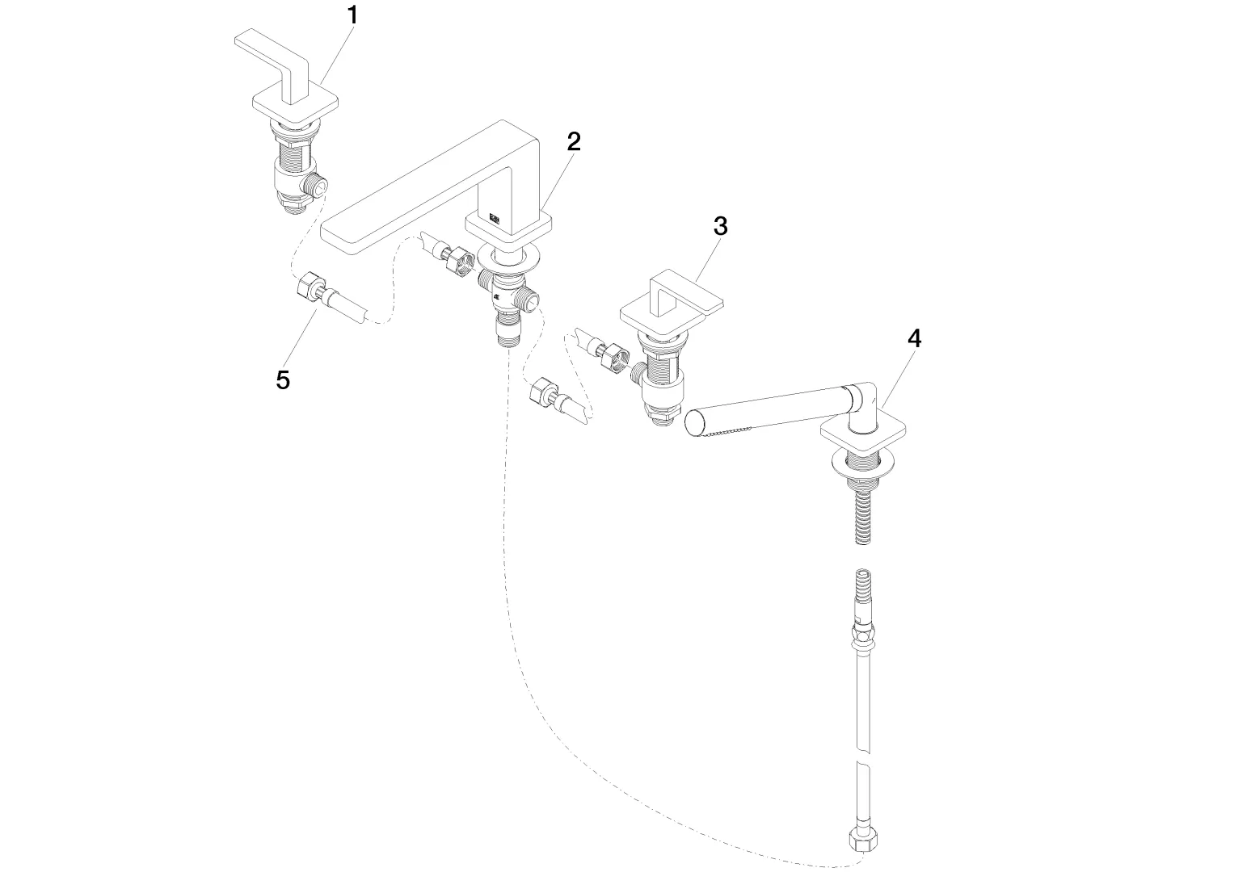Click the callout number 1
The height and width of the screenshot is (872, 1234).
pyautogui.click(x=352, y=15)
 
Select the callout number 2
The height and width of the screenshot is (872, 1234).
pyautogui.click(x=574, y=142)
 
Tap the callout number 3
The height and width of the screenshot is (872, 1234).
pyautogui.click(x=721, y=226)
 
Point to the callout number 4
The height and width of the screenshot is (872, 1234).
pyautogui.click(x=914, y=338)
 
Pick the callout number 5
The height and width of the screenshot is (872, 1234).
pyautogui.click(x=283, y=379)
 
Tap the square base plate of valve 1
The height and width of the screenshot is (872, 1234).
pyautogui.click(x=295, y=108)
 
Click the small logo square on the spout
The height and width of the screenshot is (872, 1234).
pyautogui.click(x=494, y=219)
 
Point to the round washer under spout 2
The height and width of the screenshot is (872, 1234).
pyautogui.click(x=508, y=257)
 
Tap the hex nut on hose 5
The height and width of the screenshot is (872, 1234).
pyautogui.click(x=307, y=286)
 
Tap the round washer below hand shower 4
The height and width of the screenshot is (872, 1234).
pyautogui.click(x=864, y=462)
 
